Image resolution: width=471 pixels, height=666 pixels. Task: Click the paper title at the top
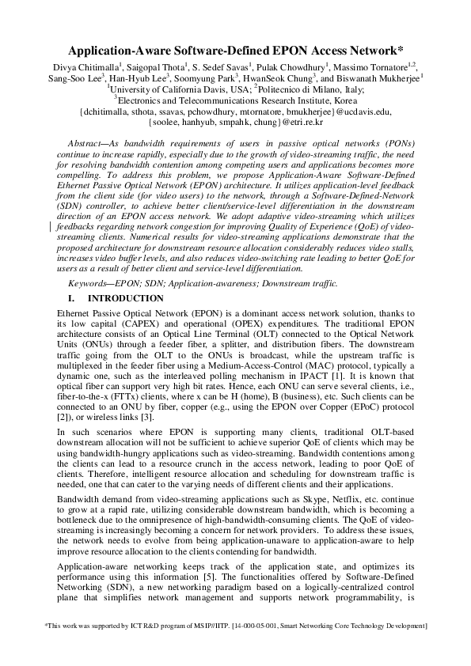[x=235, y=49]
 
